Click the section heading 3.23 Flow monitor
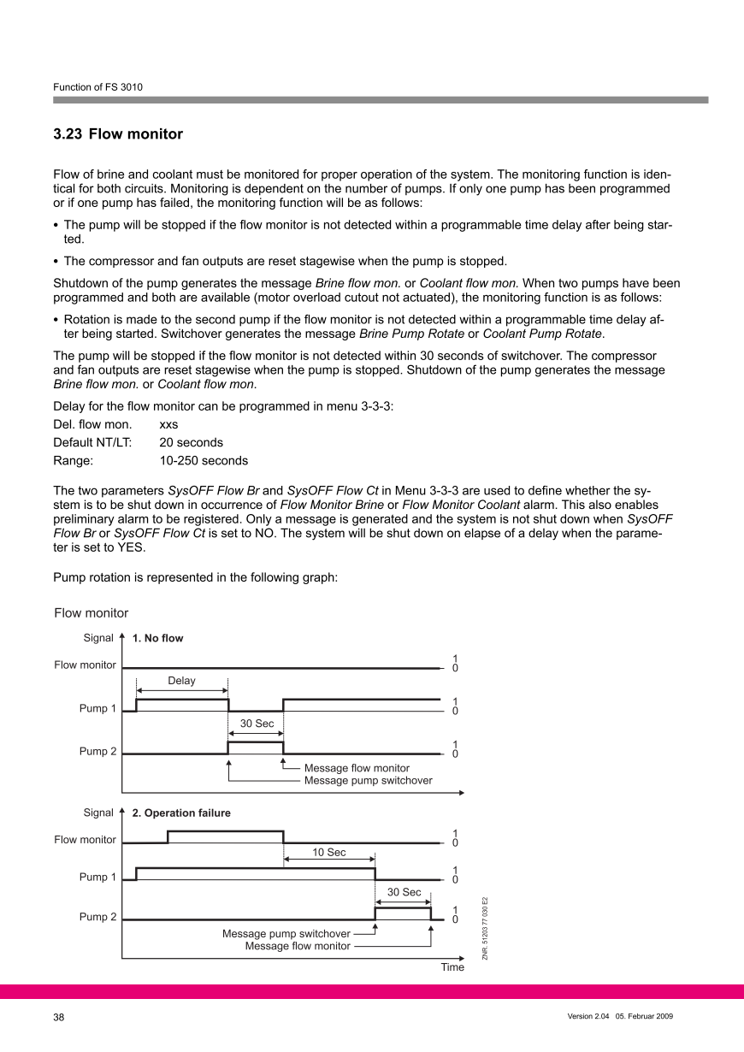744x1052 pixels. point(118,134)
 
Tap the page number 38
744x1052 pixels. point(59,1017)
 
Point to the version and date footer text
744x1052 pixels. point(620,1016)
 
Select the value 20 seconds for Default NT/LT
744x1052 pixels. point(191,442)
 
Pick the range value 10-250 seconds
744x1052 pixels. point(204,461)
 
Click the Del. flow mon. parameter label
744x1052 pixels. point(92,424)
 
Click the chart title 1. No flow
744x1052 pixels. point(157,638)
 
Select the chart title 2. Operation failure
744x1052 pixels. point(180,813)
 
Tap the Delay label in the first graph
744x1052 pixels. point(181,681)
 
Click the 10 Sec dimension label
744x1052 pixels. point(329,853)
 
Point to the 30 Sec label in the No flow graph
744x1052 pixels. point(256,724)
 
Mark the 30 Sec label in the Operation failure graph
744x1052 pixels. point(404,892)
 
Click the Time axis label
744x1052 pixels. point(452,967)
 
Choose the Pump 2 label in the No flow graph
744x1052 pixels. point(97,752)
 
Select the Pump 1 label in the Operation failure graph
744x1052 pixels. point(97,877)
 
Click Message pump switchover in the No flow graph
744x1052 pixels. point(368,780)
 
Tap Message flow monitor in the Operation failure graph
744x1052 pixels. point(298,946)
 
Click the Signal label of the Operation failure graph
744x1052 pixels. point(98,813)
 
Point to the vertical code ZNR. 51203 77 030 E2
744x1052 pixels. point(485,929)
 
